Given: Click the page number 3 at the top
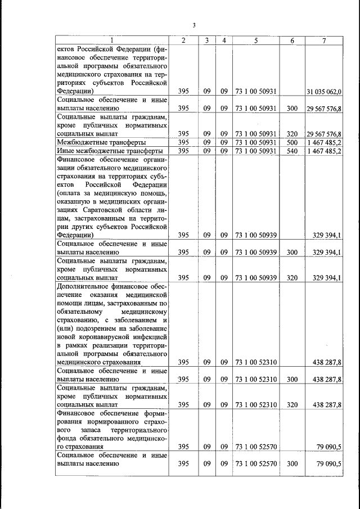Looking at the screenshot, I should [x=194, y=25].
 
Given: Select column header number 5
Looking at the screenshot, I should [x=256, y=40].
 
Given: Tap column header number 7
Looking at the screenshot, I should [x=325, y=40].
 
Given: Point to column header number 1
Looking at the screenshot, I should [x=112, y=40].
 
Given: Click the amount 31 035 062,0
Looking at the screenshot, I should [x=325, y=91].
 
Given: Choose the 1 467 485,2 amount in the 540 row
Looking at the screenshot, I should [x=325, y=151].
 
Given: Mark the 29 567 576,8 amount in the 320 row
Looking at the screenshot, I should [x=325, y=134].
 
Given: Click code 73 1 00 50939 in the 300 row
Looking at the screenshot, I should [x=256, y=253].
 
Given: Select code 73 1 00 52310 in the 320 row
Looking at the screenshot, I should [x=256, y=404].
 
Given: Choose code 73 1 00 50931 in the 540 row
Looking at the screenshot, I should [x=256, y=151].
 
